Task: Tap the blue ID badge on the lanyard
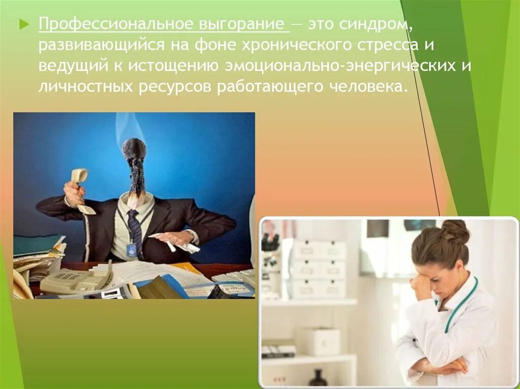[x=132, y=250]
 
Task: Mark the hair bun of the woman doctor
[x=456, y=231]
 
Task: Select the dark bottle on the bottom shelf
[x=318, y=377]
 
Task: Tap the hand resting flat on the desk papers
[x=174, y=238]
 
